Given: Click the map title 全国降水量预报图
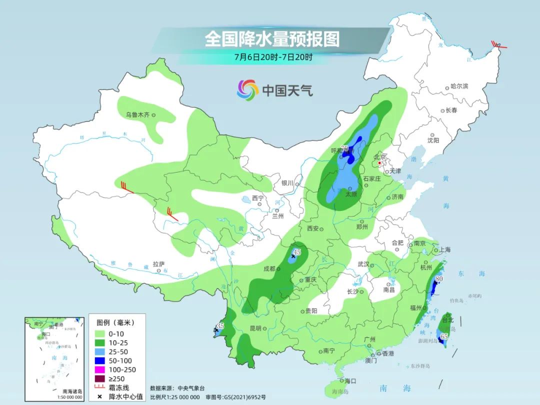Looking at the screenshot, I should pos(272,39).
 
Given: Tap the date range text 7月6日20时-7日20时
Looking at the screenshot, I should pos(273,56).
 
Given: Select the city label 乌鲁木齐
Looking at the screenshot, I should pos(137,115).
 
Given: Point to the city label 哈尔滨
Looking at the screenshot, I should pos(459,86).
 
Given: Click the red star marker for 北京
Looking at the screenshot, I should pos(380,163).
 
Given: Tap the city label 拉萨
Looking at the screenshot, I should pos(158,264).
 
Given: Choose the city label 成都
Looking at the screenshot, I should pos(269,268).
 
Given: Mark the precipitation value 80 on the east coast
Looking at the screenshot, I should pos(439,278).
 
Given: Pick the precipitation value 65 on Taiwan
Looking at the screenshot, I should pos(443,337).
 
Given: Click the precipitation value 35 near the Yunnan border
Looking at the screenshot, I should pos(220,326).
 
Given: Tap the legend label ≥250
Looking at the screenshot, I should pos(117,378).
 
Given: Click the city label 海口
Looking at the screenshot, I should pos(350,381).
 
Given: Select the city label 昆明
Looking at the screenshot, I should pos(255,328).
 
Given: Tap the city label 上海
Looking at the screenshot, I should pos(444,249).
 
